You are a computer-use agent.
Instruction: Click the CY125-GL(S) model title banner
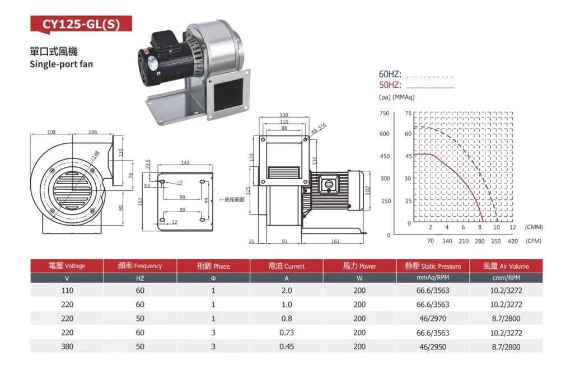(81, 24)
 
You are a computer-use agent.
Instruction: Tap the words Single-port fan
(62, 64)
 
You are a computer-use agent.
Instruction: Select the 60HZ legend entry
(390, 74)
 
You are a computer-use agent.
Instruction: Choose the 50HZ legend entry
(390, 85)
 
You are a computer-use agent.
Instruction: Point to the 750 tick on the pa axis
(385, 113)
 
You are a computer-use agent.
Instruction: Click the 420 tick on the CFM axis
(513, 241)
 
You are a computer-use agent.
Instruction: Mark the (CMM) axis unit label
(534, 227)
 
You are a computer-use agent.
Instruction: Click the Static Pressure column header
(433, 266)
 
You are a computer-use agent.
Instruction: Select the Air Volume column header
(506, 266)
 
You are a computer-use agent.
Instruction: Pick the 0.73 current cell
(287, 333)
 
